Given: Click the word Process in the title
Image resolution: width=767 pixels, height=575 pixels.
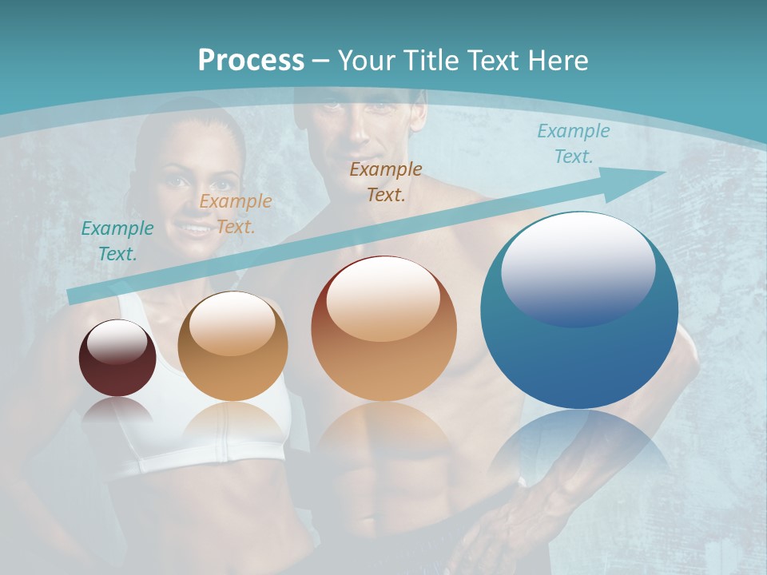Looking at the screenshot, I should [251, 60].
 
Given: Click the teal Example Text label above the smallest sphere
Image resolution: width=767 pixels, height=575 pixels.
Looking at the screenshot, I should [117, 241].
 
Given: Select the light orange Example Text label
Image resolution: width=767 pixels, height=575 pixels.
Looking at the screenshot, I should [236, 214].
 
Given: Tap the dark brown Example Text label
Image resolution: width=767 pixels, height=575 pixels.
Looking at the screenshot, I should [386, 181].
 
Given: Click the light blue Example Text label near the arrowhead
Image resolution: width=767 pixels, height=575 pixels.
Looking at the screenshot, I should [574, 144].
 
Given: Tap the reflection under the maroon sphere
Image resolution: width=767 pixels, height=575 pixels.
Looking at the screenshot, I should [117, 411].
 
